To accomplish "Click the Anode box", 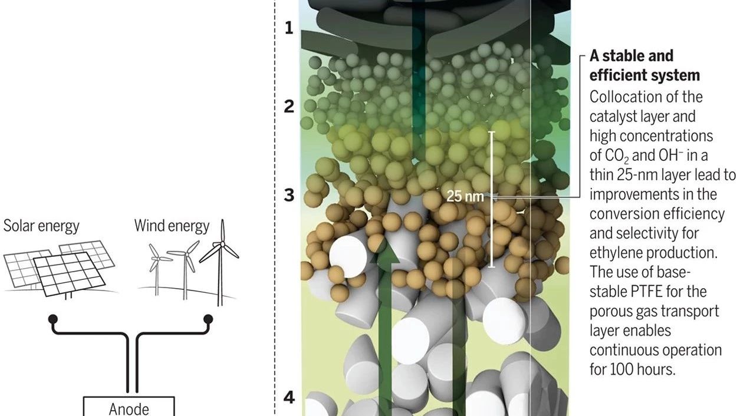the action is click(x=129, y=407).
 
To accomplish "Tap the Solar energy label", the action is click(x=41, y=226).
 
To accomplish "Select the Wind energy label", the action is click(x=172, y=226).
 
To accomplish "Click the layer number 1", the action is click(x=289, y=28).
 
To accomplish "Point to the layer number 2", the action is click(x=289, y=107).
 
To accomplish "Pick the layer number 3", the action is click(x=289, y=195).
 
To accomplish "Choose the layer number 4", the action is click(x=289, y=398).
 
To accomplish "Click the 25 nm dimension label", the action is click(x=465, y=196).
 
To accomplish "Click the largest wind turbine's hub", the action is click(x=222, y=244).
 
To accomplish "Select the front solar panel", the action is click(x=70, y=274).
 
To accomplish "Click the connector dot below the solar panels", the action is click(x=53, y=319).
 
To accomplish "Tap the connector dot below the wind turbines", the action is click(x=208, y=319).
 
